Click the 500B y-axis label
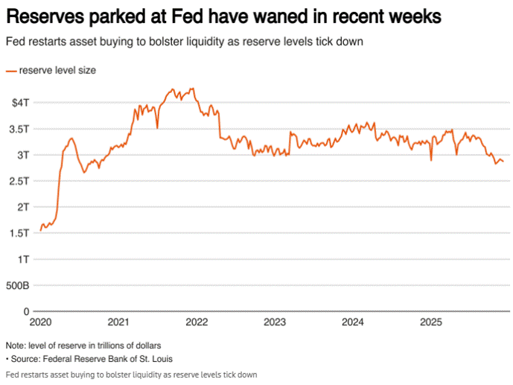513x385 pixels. pos(16,285)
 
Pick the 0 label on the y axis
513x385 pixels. pos(25,311)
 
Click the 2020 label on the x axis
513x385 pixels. pos(40,322)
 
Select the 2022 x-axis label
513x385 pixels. pos(196,322)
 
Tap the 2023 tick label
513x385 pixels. pos(275,322)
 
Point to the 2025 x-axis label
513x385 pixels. pos(431,322)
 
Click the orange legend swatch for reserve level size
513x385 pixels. pos(10,71)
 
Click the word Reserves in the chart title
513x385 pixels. pos(45,16)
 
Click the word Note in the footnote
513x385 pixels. pos(15,346)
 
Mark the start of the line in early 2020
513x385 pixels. pos(40,230)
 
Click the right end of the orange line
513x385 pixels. pos(503,162)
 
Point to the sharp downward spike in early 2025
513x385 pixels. pos(431,160)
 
